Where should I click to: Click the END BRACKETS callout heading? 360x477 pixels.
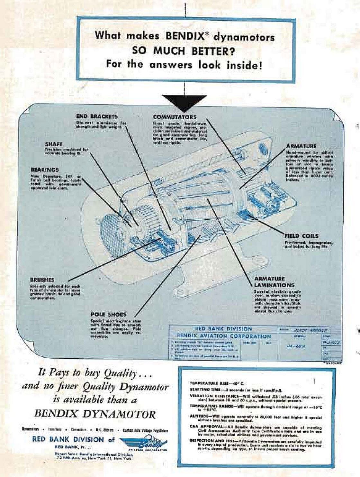(97, 116)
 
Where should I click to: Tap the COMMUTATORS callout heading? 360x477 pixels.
(175, 117)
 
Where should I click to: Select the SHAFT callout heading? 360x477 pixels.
(54, 144)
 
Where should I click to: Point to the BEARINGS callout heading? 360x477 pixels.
(45, 170)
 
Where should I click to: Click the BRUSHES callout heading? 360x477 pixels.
(42, 280)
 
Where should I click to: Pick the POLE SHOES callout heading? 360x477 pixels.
(108, 314)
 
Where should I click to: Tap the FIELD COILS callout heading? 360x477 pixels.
(301, 236)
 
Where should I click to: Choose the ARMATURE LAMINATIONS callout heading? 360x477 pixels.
(274, 282)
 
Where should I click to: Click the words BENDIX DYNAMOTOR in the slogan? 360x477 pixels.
(95, 414)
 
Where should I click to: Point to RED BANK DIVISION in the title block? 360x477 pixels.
(224, 329)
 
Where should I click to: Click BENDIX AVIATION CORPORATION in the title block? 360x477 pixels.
(224, 336)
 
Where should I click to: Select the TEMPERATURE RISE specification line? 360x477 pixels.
(217, 383)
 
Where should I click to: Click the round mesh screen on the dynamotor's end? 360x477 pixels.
(111, 230)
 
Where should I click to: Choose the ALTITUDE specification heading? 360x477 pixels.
(199, 415)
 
